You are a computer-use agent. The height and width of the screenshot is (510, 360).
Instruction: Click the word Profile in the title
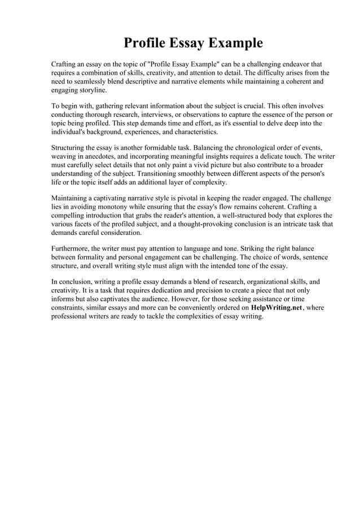[x=144, y=43]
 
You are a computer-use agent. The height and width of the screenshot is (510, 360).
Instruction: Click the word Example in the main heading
[x=235, y=43]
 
